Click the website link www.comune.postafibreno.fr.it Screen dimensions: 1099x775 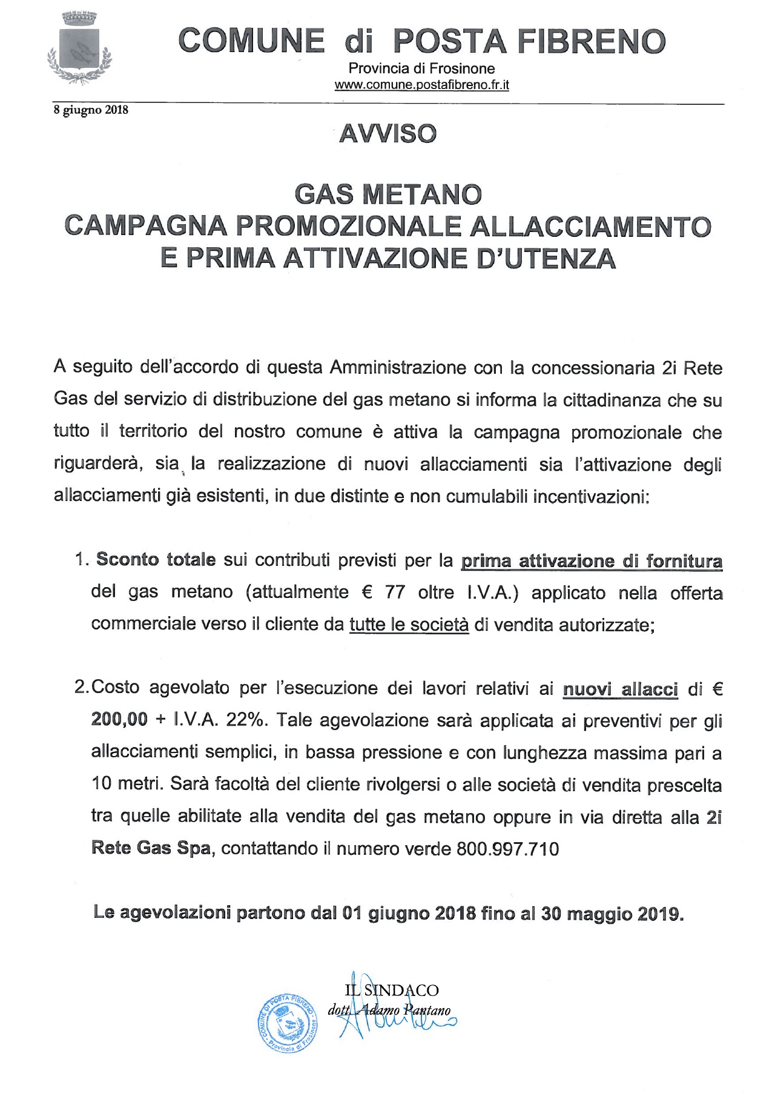(x=421, y=85)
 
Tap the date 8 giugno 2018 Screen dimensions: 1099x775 (x=91, y=110)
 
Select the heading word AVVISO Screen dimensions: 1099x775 (x=388, y=134)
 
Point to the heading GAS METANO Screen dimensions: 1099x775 (x=388, y=194)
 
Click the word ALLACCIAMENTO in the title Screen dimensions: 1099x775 (x=590, y=226)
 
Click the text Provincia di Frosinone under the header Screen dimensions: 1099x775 (x=421, y=68)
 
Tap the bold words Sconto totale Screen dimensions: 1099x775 (x=156, y=559)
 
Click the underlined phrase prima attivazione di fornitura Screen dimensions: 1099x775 (x=592, y=561)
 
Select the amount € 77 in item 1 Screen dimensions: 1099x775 (x=383, y=592)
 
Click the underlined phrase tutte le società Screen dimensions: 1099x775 (x=409, y=625)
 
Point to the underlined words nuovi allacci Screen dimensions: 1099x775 (x=620, y=689)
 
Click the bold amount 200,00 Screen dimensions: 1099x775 (x=119, y=720)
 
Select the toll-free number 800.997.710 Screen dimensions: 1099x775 (x=508, y=849)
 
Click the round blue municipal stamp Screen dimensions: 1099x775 (x=287, y=1023)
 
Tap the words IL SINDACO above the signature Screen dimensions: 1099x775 (x=391, y=990)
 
